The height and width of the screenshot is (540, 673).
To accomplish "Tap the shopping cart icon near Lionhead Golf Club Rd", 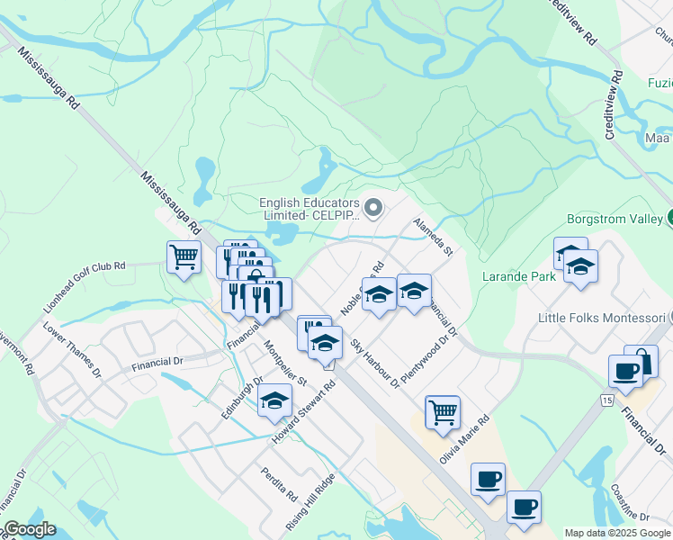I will (184, 257).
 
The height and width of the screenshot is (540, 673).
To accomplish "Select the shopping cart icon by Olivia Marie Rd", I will (442, 412).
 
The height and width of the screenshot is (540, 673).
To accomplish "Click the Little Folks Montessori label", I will (599, 318).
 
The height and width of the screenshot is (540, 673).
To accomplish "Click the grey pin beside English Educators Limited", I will (375, 209).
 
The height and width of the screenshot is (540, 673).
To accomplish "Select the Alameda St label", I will (432, 236).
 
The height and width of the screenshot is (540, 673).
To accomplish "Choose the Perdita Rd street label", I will (279, 484).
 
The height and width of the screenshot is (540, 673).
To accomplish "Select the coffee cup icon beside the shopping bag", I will (624, 370).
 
